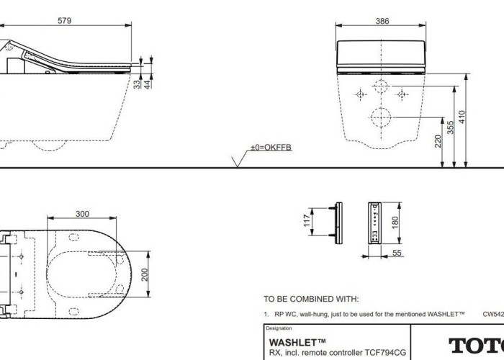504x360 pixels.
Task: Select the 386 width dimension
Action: coord(382,21)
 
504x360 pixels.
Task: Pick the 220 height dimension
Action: coord(438,141)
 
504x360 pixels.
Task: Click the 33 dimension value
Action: coord(138,85)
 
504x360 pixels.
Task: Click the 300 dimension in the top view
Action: coord(83,214)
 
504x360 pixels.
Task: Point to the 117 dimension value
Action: coord(306,220)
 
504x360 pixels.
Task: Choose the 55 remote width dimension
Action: coord(397,253)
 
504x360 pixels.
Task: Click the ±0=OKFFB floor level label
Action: coord(270,148)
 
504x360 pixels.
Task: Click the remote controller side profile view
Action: coord(336,221)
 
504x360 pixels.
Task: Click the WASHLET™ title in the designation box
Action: coord(297,342)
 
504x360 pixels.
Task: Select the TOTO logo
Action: coord(475,345)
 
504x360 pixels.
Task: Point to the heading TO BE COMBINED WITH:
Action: coord(310,299)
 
